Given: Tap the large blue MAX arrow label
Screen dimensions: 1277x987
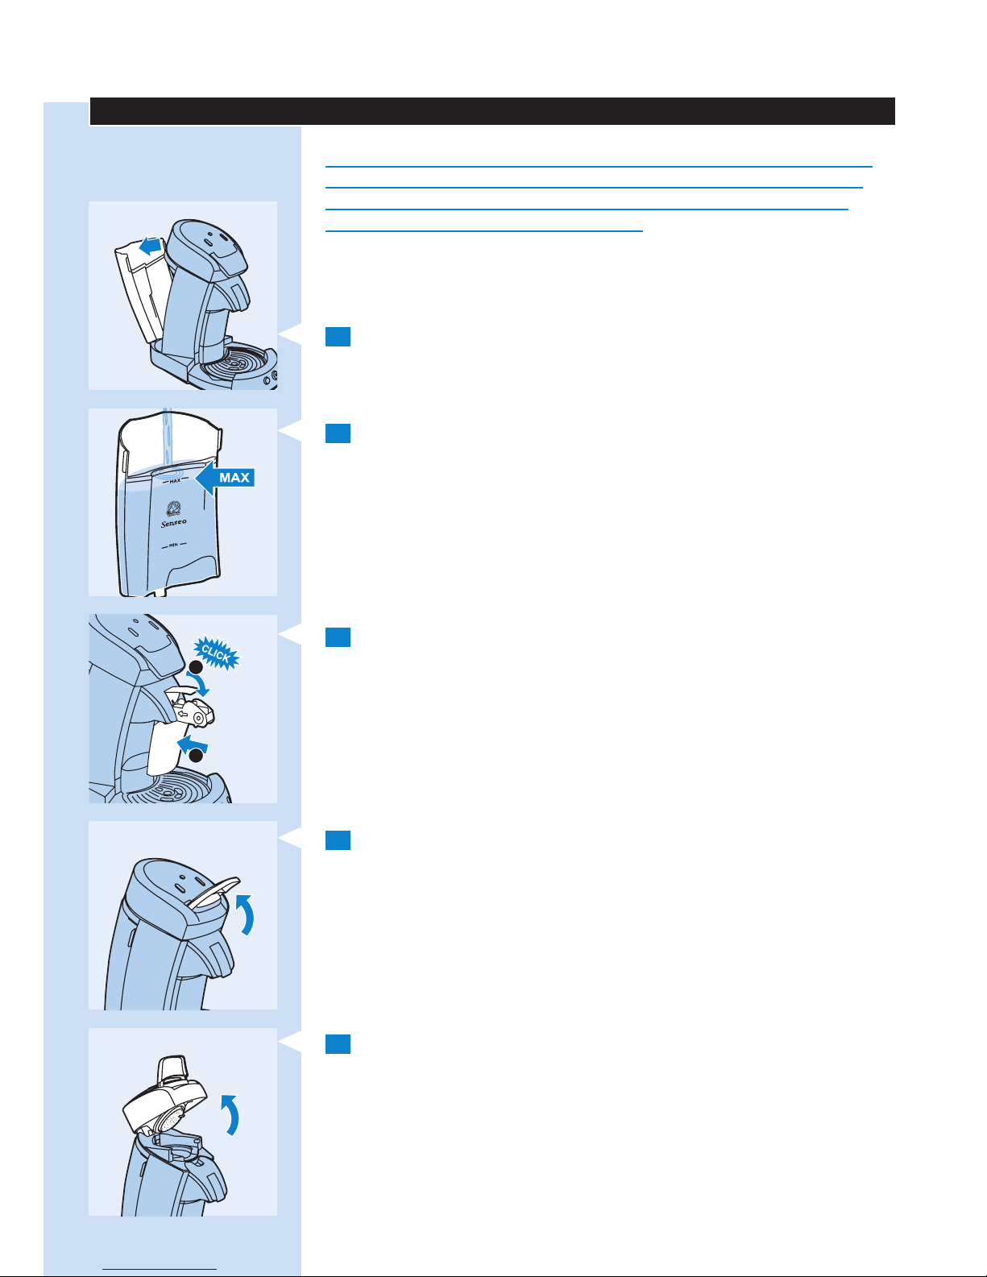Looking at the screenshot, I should (226, 478).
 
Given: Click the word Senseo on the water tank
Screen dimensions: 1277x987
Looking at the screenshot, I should (172, 523).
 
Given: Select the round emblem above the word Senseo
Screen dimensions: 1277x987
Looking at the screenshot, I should (172, 508).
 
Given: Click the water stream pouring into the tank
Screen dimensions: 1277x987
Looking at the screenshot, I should (168, 439).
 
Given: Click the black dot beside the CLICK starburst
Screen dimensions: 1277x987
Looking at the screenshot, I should (194, 669).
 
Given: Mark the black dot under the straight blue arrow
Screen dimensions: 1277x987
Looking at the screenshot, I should (195, 756).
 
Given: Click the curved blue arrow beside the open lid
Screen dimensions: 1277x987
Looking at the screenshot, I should (230, 1115).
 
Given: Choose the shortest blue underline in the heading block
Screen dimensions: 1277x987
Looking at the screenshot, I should (483, 230).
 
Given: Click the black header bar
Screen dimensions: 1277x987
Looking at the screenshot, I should (492, 111).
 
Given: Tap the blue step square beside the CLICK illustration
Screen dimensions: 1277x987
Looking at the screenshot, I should (338, 637).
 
